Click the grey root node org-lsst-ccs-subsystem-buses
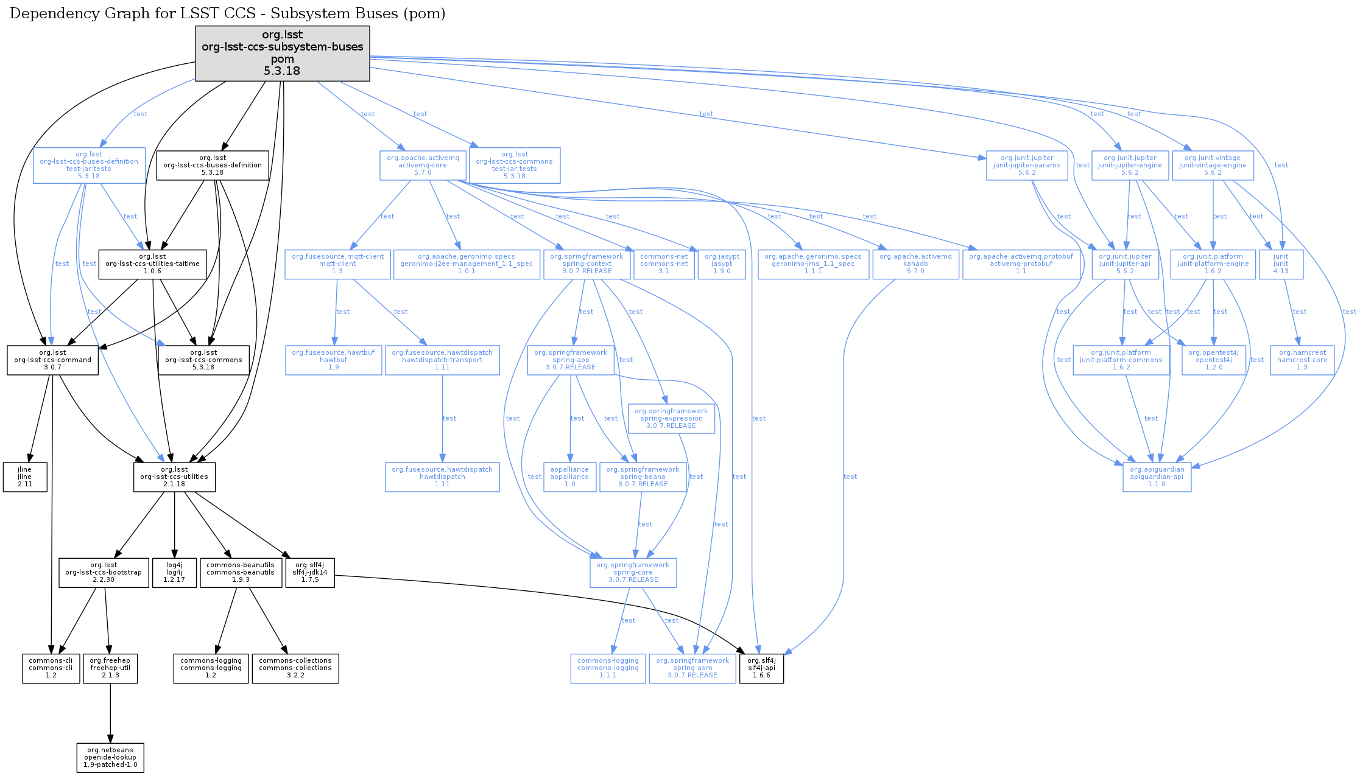[x=282, y=53]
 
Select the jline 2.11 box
[x=25, y=477]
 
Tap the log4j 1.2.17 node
[x=174, y=573]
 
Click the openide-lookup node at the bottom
[x=110, y=758]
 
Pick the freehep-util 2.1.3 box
[x=110, y=668]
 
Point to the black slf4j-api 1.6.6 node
[x=761, y=668]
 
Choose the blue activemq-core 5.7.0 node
[x=423, y=166]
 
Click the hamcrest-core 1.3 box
[x=1302, y=360]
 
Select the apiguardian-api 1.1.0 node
[x=1157, y=477]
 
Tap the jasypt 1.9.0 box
[x=722, y=264]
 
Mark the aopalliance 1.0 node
[x=569, y=477]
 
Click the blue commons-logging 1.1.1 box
[x=608, y=668]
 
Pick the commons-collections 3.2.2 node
[x=295, y=668]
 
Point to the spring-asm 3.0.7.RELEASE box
[x=692, y=668]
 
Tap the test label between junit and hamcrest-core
[x=1299, y=312]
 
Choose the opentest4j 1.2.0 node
[x=1213, y=360]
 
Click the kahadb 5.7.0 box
[x=915, y=264]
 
